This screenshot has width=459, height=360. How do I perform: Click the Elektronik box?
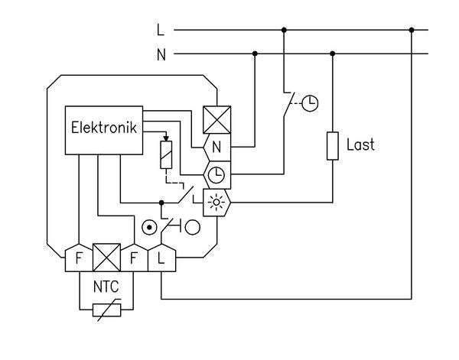point(104,127)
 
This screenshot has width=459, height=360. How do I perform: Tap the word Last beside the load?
point(360,144)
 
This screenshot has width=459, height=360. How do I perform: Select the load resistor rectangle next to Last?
point(333,145)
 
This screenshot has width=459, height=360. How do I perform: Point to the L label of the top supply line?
point(160,31)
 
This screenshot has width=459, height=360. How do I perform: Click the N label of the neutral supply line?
point(161,55)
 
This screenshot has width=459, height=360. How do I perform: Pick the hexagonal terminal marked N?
point(216,145)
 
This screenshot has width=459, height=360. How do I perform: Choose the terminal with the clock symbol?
point(216,175)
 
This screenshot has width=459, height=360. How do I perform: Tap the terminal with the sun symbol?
point(216,202)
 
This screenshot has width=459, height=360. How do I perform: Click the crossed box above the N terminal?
point(216,118)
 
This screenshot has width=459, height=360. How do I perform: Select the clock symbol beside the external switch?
point(309,103)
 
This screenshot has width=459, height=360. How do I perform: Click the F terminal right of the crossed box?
point(133,258)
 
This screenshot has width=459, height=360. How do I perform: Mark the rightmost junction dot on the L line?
point(412,31)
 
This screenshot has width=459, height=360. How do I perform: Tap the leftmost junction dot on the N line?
point(255,54)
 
